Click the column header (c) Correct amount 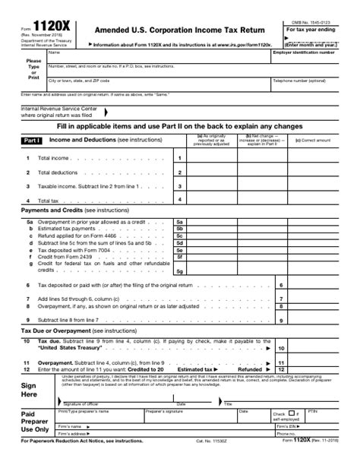click(x=313, y=140)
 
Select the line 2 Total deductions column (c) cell click(x=313, y=172)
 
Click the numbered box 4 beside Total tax click(x=179, y=200)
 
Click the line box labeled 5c click(x=179, y=236)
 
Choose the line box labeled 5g click(x=179, y=270)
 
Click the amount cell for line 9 click(x=313, y=321)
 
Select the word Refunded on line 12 click(x=249, y=369)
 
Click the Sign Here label click(x=29, y=390)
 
